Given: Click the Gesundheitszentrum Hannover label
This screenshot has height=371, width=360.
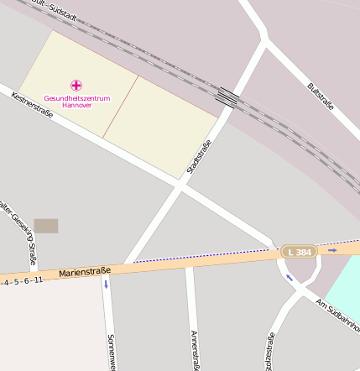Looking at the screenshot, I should click(x=77, y=102).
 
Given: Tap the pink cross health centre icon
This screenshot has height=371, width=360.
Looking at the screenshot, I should click(x=76, y=85).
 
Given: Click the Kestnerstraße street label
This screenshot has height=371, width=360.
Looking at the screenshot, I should click(x=33, y=105).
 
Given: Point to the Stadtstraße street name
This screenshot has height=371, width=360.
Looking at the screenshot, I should click(x=198, y=157).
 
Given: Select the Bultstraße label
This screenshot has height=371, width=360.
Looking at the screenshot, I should click(x=321, y=96).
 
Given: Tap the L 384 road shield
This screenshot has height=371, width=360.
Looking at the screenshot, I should click(x=299, y=252).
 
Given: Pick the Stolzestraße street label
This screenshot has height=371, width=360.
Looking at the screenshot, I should click(x=269, y=352).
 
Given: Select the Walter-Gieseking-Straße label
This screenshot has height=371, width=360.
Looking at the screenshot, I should click(x=19, y=231).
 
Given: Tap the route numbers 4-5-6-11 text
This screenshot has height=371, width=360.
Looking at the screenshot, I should click(x=22, y=281).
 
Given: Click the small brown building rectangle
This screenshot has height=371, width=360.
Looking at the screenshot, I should click(x=46, y=226).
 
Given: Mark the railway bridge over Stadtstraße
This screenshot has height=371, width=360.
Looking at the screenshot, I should click(x=226, y=97).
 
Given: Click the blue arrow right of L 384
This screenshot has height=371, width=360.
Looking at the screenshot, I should click(x=332, y=249).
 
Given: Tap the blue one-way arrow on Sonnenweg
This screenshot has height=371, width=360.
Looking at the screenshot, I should click(x=107, y=284).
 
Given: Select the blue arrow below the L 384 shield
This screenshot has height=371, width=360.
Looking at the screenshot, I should click(x=290, y=277).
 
